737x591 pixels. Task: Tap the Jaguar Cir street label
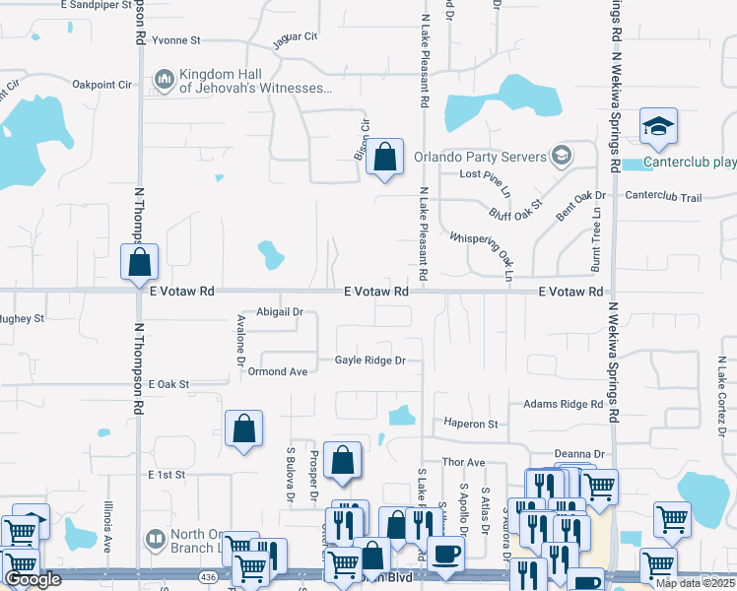295,37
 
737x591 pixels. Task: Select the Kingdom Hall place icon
164,78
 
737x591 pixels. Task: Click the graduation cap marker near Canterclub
658,126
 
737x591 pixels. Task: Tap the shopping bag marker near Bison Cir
385,157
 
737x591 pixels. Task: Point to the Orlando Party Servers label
479,157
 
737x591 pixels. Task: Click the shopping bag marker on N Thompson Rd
140,263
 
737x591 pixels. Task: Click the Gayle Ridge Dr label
369,361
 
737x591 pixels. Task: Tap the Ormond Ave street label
278,371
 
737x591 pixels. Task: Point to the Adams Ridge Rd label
563,404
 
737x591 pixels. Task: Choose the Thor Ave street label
464,462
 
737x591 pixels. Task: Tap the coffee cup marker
448,554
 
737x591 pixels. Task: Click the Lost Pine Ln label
486,174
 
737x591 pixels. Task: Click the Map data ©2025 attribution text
693,583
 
